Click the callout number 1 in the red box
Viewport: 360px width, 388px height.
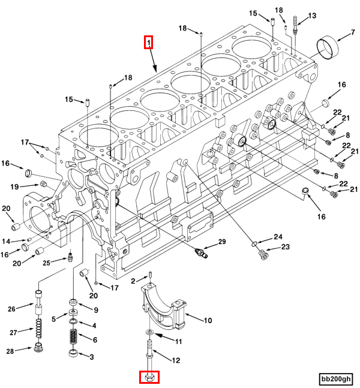click(x=148, y=42)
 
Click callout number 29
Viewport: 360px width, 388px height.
click(x=222, y=242)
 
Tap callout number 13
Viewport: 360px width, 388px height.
click(x=311, y=16)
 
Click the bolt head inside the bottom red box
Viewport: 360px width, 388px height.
click(x=148, y=377)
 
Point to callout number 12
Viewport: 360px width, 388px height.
click(x=176, y=360)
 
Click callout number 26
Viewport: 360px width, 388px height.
click(x=11, y=309)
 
